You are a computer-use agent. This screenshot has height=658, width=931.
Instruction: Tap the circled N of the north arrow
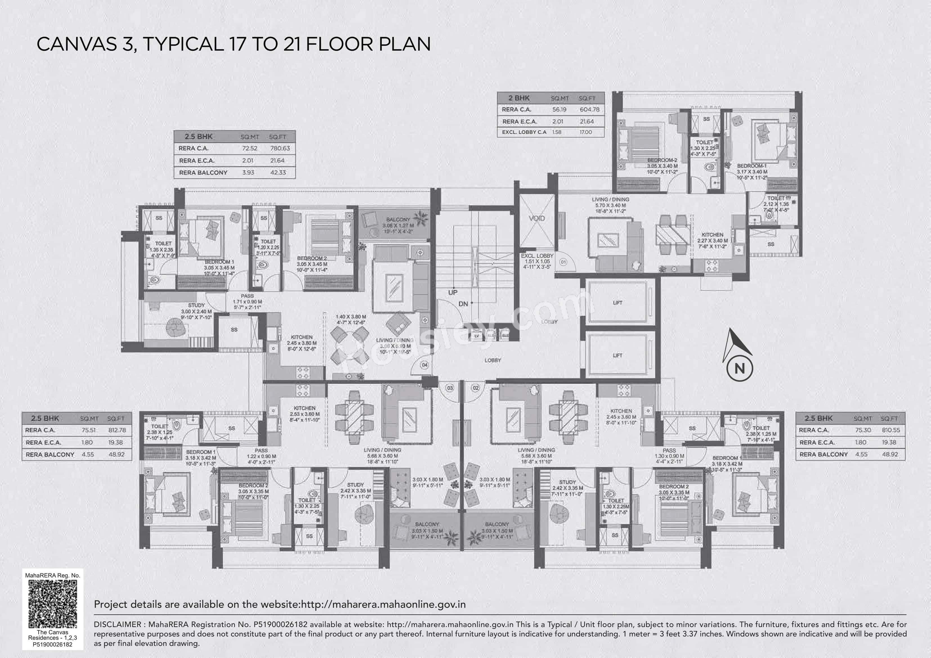pos(740,369)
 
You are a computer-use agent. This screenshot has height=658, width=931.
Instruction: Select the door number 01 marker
pos(563,262)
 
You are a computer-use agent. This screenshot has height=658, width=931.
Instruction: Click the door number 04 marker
pos(424,365)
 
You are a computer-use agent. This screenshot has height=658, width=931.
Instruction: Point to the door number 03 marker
pos(450,388)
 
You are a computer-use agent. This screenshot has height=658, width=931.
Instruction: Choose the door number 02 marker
pos(475,388)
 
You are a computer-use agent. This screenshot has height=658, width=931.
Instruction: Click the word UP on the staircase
pos(453,292)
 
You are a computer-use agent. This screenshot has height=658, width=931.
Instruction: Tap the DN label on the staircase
pos(463,304)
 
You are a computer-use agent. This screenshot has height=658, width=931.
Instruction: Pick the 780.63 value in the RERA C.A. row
pos(280,148)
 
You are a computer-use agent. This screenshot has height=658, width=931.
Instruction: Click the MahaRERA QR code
pos(53,604)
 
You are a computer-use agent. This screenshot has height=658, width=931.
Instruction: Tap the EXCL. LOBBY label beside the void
pos(537,256)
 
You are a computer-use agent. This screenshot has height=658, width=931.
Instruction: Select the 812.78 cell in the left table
pos(117,430)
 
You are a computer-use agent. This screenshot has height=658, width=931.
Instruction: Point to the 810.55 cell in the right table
pos(890,430)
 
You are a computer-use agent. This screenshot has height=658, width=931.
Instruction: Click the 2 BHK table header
pos(519,98)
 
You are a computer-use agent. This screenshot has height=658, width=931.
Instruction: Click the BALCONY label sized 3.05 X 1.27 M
pos(397,219)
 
